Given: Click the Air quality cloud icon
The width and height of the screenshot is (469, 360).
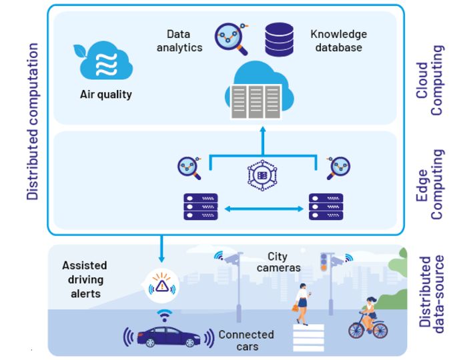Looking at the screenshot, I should point(105,61).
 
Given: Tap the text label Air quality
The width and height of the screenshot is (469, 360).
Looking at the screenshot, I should point(105,95).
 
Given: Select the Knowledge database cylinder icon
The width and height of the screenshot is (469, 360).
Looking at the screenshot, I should point(279,40).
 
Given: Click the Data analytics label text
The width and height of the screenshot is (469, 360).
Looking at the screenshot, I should point(178,41).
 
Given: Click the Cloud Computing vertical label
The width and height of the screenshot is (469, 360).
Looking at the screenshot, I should point(431,80).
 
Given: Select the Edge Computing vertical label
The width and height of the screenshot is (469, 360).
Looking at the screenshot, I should point(431,184).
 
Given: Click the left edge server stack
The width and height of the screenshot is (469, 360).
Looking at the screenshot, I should point(199,207).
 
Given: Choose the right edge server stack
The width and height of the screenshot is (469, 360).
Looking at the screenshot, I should point(326,207).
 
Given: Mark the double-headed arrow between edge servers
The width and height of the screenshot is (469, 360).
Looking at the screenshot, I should point(263,209).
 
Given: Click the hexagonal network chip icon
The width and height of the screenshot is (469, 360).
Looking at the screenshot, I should point(262,175).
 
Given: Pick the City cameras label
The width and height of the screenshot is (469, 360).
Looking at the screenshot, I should point(278,262).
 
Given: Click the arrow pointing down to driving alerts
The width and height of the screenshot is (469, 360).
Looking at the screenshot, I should point(161,249).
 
